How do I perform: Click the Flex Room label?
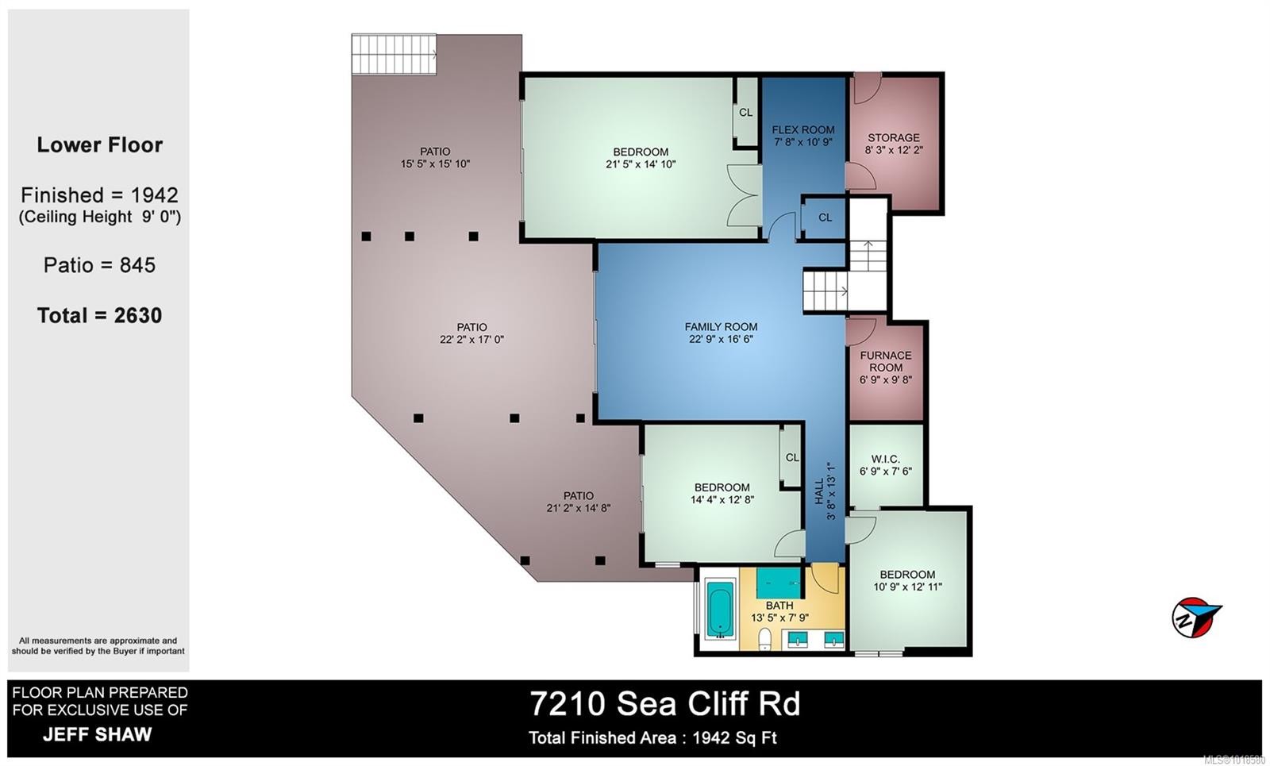pyautogui.click(x=803, y=129)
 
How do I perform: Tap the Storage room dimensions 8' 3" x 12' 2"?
pyautogui.click(x=894, y=150)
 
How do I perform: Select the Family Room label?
pyautogui.click(x=721, y=326)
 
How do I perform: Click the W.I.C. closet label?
pyautogui.click(x=885, y=459)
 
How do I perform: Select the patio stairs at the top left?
pyautogui.click(x=394, y=55)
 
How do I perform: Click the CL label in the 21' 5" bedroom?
pyautogui.click(x=745, y=113)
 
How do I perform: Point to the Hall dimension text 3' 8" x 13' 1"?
pyautogui.click(x=831, y=491)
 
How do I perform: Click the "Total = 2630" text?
pyautogui.click(x=99, y=316)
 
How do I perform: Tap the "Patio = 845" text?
pyautogui.click(x=99, y=265)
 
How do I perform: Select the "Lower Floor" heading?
pyautogui.click(x=99, y=145)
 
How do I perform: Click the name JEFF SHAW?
pyautogui.click(x=97, y=734)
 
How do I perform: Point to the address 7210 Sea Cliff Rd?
pyautogui.click(x=665, y=703)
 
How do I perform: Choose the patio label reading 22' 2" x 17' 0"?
pyautogui.click(x=471, y=340)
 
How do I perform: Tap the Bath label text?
pyautogui.click(x=779, y=606)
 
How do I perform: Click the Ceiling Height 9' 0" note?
pyautogui.click(x=100, y=217)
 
